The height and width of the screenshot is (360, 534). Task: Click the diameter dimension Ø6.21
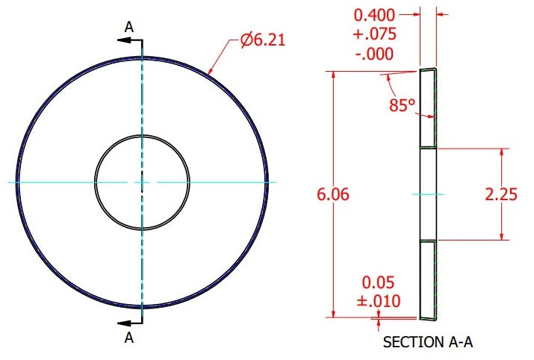point(262,40)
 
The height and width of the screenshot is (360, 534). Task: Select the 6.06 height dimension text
point(333,194)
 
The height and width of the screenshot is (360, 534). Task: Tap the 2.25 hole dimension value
point(501,194)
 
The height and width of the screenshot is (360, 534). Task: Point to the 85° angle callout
point(403,105)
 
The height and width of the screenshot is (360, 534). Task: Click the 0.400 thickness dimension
point(374,16)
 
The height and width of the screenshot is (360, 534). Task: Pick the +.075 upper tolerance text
point(375,34)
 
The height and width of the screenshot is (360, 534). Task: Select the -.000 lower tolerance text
point(374,54)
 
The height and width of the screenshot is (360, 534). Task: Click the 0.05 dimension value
point(378,282)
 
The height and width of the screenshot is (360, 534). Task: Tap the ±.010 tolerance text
point(379,301)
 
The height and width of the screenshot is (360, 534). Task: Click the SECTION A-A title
point(428,342)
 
